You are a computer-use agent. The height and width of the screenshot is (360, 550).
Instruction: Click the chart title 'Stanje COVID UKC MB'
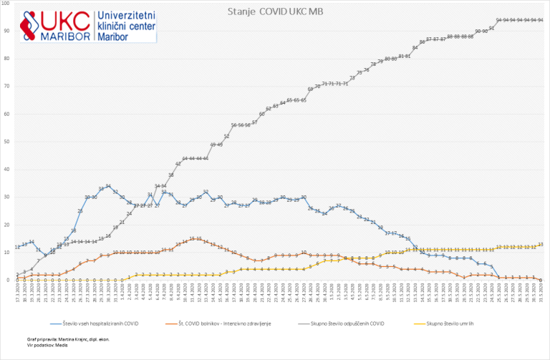[274, 12]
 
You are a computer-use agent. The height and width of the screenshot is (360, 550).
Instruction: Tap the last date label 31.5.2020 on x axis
[541, 293]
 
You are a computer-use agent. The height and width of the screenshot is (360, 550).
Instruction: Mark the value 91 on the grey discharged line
[491, 28]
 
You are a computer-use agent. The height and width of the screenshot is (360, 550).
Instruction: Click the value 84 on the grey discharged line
[415, 47]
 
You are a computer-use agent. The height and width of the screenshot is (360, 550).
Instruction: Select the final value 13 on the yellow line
[540, 244]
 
